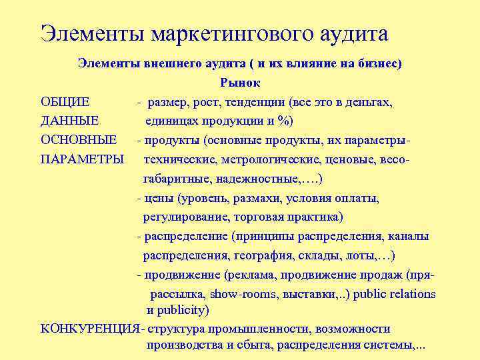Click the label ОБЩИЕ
pyautogui.click(x=65, y=103)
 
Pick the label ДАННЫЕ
pyautogui.click(x=70, y=121)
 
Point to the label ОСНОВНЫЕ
pyautogui.click(x=79, y=141)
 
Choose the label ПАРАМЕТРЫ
pyautogui.click(x=83, y=160)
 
